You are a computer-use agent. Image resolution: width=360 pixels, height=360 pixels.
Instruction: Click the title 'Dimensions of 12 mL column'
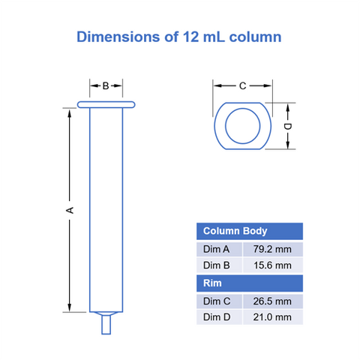click(179, 37)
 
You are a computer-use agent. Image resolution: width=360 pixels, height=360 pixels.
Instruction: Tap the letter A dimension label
click(70, 211)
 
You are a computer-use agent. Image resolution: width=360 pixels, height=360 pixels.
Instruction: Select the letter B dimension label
click(106, 85)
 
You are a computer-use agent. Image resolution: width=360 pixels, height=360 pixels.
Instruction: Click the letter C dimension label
click(242, 85)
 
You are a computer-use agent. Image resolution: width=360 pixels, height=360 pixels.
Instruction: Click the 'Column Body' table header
click(235, 231)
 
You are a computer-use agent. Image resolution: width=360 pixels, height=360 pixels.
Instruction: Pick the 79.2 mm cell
click(272, 249)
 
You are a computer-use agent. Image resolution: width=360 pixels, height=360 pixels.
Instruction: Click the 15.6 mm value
click(272, 265)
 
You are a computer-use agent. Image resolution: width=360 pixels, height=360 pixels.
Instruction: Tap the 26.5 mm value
click(272, 301)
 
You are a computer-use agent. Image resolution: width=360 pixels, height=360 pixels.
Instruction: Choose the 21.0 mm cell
click(272, 317)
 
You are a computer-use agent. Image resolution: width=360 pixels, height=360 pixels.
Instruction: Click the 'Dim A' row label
click(219, 249)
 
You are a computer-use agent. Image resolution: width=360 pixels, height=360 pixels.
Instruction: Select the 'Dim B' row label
click(219, 265)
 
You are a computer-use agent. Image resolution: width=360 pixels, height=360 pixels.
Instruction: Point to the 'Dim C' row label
click(219, 301)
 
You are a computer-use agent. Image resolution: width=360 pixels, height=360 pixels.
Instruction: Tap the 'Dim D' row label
click(219, 317)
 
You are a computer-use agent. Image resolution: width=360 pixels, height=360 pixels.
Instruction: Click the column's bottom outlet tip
click(106, 324)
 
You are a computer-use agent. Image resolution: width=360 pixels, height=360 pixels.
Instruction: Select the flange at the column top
click(106, 104)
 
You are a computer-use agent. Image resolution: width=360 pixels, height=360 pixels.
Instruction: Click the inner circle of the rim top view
click(242, 125)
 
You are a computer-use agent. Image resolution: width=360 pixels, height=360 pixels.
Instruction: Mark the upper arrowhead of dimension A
click(70, 112)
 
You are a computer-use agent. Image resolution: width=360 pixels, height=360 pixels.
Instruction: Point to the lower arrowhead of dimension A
click(70, 307)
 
